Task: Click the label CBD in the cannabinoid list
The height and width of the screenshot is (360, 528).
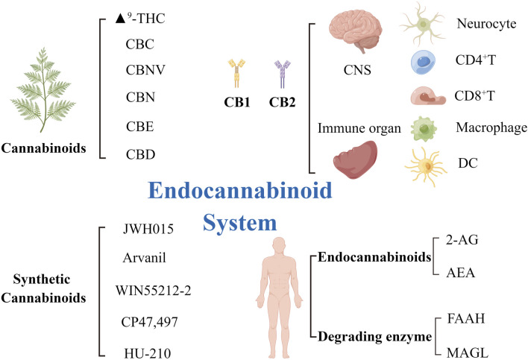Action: coord(140,156)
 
